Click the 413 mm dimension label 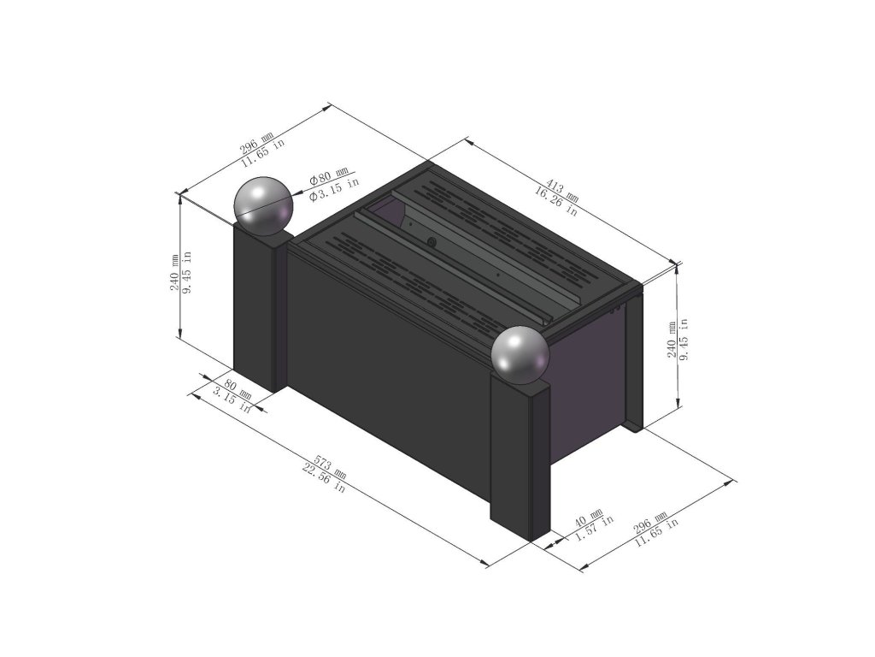point(562,190)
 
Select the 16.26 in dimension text point(556,200)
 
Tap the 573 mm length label point(331,468)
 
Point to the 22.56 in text point(324,477)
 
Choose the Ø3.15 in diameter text point(334,189)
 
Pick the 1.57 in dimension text point(595,528)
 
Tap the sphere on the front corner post point(520,356)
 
